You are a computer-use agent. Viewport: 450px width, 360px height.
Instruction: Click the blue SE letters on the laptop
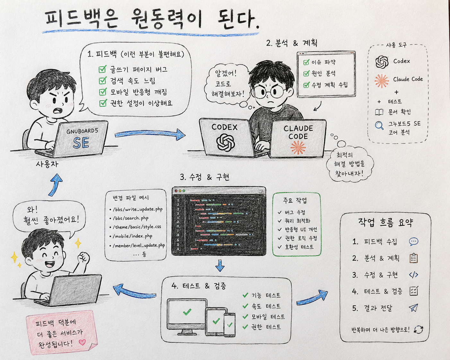pyautogui.click(x=81, y=142)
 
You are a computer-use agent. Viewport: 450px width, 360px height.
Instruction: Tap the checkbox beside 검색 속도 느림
pyautogui.click(x=103, y=80)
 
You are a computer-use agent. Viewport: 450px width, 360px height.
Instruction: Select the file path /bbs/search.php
pyautogui.click(x=131, y=218)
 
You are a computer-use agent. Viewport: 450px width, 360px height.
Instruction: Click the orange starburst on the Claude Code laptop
pyautogui.click(x=298, y=148)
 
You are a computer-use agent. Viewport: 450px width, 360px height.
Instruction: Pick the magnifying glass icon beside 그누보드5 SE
pyautogui.click(x=379, y=126)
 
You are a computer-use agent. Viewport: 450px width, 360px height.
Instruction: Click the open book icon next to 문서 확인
pyautogui.click(x=379, y=112)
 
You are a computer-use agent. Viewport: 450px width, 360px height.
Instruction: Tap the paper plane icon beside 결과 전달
pyautogui.click(x=413, y=308)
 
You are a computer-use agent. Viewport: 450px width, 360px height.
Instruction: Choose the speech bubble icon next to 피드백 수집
pyautogui.click(x=413, y=242)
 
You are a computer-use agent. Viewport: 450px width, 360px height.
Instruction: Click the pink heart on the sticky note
pyautogui.click(x=82, y=342)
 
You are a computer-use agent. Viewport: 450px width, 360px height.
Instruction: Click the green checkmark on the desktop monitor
pyautogui.click(x=187, y=312)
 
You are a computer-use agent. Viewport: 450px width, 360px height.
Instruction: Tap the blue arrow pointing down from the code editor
pyautogui.click(x=220, y=265)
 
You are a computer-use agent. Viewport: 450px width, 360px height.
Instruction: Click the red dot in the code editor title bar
pyautogui.click(x=176, y=191)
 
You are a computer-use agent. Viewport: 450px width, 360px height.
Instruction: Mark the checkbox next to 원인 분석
pyautogui.click(x=306, y=73)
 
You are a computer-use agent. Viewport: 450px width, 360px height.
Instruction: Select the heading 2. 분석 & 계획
pyautogui.click(x=291, y=43)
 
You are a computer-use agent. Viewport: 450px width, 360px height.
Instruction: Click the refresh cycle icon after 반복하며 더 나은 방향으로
pyautogui.click(x=419, y=330)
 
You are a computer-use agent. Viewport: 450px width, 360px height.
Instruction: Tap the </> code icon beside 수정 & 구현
pyautogui.click(x=413, y=275)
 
